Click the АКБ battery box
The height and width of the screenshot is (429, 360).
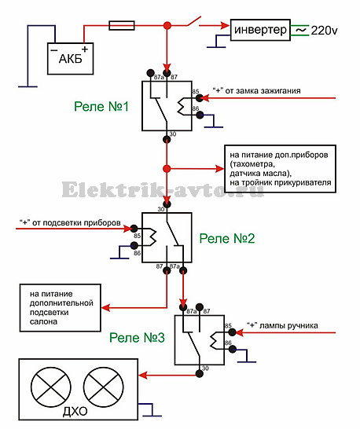(71, 59)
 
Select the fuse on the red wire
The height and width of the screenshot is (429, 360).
(122, 25)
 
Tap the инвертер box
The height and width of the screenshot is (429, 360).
(260, 30)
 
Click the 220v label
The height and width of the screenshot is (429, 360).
(324, 31)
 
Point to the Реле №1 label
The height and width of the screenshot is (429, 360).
(101, 106)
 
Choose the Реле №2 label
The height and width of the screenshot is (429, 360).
(227, 239)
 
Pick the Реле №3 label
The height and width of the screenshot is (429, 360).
(137, 338)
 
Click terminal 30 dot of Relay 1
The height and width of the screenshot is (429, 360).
(167, 139)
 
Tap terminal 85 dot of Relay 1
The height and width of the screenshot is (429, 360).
(200, 97)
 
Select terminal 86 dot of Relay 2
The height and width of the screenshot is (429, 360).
(134, 245)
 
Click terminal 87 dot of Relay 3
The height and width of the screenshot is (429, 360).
(200, 306)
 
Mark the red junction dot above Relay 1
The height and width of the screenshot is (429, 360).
(167, 26)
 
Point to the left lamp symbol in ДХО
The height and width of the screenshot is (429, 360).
(50, 387)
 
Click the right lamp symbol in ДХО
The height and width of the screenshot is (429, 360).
(103, 387)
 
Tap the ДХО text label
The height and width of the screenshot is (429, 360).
(75, 411)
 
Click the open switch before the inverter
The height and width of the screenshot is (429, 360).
(194, 21)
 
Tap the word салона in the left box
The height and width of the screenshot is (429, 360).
(43, 321)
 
